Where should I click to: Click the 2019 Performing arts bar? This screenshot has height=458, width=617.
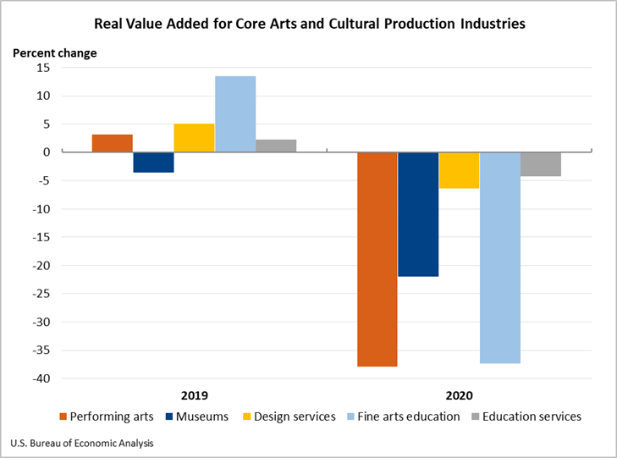pyautogui.click(x=113, y=143)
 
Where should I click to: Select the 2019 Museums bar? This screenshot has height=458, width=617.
pyautogui.click(x=153, y=163)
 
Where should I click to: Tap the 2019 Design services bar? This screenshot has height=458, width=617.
pyautogui.click(x=194, y=138)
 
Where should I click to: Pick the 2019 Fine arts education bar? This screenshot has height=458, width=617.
pyautogui.click(x=235, y=114)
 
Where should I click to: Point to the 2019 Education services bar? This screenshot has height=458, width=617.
pyautogui.click(x=276, y=146)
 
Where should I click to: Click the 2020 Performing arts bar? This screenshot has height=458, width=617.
pyautogui.click(x=377, y=259)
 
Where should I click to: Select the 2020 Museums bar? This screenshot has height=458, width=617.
pyautogui.click(x=418, y=214)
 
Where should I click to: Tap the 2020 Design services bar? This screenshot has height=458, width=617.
pyautogui.click(x=459, y=170)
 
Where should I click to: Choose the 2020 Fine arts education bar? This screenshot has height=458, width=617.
pyautogui.click(x=499, y=257)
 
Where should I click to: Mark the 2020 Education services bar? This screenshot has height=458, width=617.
pyautogui.click(x=541, y=164)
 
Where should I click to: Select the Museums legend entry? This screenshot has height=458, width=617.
pyautogui.click(x=196, y=417)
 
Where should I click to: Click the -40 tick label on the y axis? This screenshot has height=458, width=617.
pyautogui.click(x=41, y=378)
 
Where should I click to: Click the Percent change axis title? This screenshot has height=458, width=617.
pyautogui.click(x=55, y=52)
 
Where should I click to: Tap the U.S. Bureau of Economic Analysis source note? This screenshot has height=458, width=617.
pyautogui.click(x=82, y=443)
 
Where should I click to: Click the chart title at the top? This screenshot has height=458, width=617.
pyautogui.click(x=309, y=24)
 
